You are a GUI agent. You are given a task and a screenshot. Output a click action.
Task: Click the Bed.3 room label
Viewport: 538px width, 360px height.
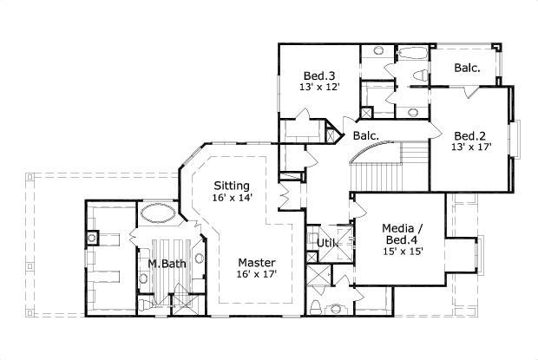320,75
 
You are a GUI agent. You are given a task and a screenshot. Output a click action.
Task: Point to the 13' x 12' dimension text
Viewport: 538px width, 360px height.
320,87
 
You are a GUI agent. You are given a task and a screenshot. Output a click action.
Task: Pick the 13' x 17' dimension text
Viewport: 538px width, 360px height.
471,147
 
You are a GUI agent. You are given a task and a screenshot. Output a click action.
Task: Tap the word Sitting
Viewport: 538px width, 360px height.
232,186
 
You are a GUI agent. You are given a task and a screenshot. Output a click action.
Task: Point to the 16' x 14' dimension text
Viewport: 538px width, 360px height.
232,198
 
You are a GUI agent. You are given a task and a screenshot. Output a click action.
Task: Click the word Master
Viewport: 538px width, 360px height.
258,262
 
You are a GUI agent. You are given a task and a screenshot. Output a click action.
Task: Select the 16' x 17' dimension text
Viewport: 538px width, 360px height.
258,274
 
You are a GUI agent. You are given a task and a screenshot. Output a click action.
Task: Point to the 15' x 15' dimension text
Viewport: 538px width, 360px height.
402,252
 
